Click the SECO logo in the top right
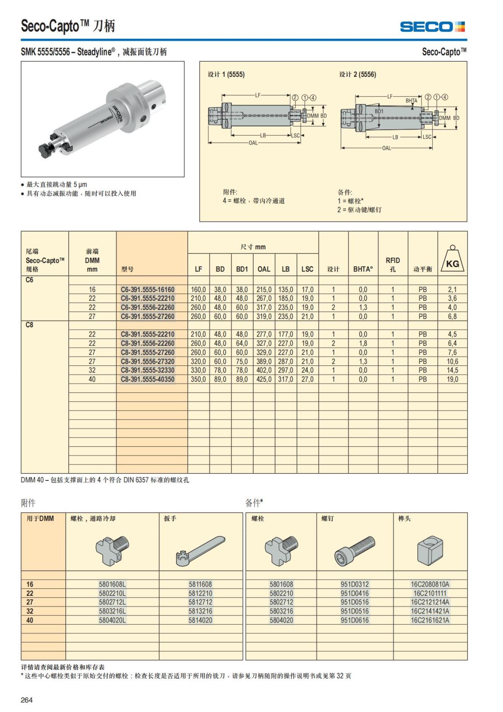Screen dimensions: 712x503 click(432, 27)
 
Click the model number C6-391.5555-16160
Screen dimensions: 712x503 click(148, 289)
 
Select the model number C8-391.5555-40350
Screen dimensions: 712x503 click(148, 379)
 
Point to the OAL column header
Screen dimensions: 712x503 click(264, 269)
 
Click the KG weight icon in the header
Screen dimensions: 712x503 click(452, 260)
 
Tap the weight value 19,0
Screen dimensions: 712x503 click(452, 379)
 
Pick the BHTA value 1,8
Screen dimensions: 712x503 click(363, 343)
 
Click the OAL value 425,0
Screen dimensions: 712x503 click(264, 379)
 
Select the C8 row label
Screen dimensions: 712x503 click(29, 325)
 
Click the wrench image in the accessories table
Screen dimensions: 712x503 click(200, 550)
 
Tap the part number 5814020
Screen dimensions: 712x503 click(200, 620)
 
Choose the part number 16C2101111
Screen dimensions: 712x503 click(430, 593)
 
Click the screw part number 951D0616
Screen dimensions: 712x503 click(355, 620)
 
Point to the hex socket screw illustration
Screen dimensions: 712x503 click(355, 550)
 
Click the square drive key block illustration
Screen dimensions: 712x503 click(430, 550)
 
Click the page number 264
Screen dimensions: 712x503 click(27, 700)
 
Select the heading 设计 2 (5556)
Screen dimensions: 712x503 click(358, 74)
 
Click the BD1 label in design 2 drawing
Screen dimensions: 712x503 click(379, 111)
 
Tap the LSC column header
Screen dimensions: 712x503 click(307, 269)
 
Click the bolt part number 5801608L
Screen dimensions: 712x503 click(112, 584)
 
